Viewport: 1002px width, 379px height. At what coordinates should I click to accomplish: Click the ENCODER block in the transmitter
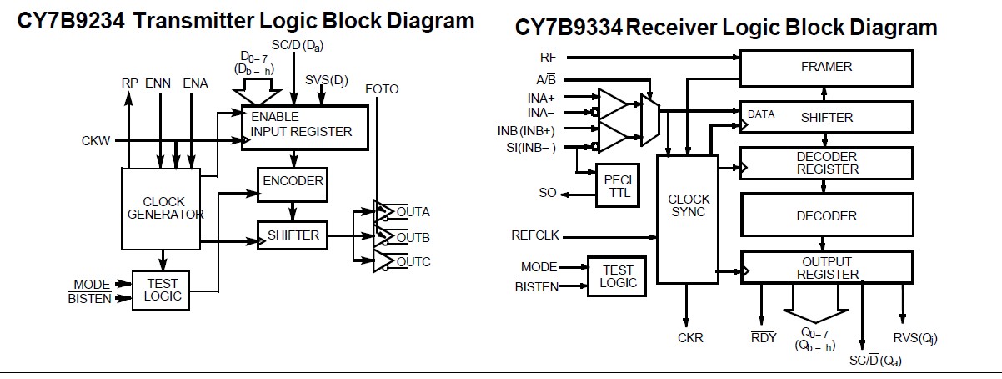coord(291,181)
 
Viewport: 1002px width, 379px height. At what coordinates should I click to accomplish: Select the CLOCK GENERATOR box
coord(162,208)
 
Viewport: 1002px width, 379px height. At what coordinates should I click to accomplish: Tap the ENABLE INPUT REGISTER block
coord(305,126)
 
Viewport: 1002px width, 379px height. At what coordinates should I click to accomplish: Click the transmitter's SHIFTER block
coord(293,235)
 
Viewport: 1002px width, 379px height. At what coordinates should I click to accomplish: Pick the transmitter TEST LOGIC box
coord(162,290)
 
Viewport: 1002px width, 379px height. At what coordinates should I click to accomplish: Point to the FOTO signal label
coord(382,88)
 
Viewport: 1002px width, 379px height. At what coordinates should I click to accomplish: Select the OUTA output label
coord(413,211)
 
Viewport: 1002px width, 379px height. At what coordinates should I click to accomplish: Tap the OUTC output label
coord(413,262)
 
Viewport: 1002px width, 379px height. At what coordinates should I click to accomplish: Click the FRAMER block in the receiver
coord(825,67)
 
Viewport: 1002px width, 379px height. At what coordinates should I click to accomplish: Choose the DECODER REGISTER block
coord(825,163)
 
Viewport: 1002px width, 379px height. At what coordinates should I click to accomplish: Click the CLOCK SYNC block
coord(689,205)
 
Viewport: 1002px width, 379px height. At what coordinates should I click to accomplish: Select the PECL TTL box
coord(619,184)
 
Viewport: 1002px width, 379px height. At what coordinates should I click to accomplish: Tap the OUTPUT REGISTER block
coord(825,268)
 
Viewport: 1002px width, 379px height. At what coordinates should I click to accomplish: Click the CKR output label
coord(689,338)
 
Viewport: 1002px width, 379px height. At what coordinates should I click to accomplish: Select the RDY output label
coord(764,338)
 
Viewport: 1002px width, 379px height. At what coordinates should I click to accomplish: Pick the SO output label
coord(548,193)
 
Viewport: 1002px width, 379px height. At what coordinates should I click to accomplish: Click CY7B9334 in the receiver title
coord(568,28)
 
